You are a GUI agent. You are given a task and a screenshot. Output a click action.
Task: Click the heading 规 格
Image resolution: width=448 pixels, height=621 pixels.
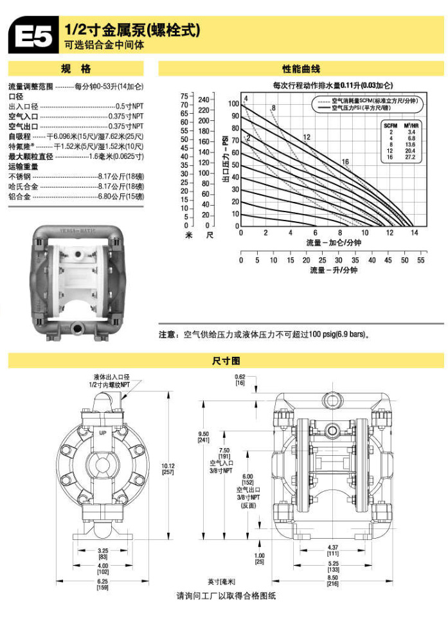[x=76, y=69]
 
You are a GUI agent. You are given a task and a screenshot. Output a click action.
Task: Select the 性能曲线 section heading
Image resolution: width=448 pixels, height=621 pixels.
[x=301, y=69]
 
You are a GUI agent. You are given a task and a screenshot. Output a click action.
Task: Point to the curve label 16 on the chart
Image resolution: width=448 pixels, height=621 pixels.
[x=345, y=161]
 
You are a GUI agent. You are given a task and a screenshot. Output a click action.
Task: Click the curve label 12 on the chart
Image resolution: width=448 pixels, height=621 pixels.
[x=307, y=137]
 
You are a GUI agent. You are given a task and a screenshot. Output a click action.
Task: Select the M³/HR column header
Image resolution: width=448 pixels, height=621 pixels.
[x=411, y=125]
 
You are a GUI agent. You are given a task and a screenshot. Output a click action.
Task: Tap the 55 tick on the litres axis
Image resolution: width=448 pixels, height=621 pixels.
[x=421, y=260]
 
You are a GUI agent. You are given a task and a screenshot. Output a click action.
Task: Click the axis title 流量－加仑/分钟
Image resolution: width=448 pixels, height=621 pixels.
[x=333, y=243]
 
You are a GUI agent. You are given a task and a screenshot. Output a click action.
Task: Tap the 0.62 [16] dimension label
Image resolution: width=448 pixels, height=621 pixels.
[x=240, y=379]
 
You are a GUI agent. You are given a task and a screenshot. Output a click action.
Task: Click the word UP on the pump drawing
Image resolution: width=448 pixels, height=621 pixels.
[x=102, y=434]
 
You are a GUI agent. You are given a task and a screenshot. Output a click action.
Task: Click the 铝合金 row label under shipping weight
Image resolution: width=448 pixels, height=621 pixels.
[x=19, y=196]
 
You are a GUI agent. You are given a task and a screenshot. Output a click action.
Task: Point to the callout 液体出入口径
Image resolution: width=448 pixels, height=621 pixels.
[x=112, y=375]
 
